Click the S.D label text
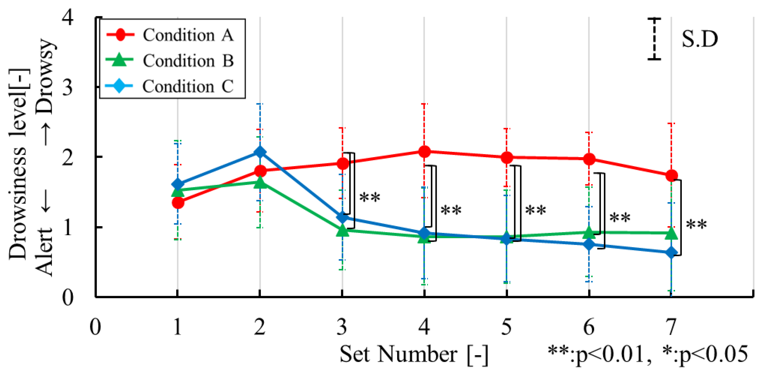point(700,39)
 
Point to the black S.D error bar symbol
point(654,39)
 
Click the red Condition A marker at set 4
point(424,151)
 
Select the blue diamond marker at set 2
point(260,152)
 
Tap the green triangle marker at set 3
point(342,231)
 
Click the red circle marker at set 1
point(178,203)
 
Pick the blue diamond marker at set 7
point(671,253)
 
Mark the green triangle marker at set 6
point(589,233)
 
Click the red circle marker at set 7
point(672,176)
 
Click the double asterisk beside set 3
point(370,197)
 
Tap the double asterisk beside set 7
point(696,225)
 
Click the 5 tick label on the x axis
point(507,327)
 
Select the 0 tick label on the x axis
point(95,327)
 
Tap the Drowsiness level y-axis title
point(18,163)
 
